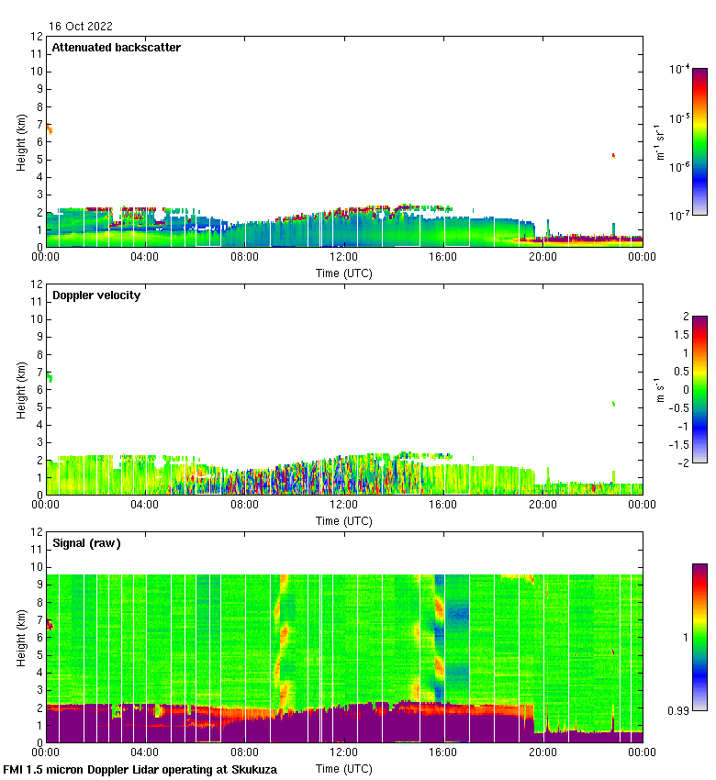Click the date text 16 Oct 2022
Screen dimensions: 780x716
(82, 27)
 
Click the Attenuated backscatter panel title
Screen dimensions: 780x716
(116, 48)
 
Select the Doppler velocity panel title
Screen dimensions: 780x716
(96, 295)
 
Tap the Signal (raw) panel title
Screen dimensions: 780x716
(86, 543)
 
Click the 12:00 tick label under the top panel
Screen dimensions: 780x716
(344, 258)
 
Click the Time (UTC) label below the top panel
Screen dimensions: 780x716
(344, 273)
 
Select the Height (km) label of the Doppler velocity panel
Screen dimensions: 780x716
(20, 390)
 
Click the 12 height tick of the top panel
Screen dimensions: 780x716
(38, 37)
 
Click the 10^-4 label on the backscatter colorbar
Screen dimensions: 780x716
(679, 69)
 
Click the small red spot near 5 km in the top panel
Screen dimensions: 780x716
(613, 155)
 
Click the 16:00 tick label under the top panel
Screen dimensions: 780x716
(443, 258)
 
